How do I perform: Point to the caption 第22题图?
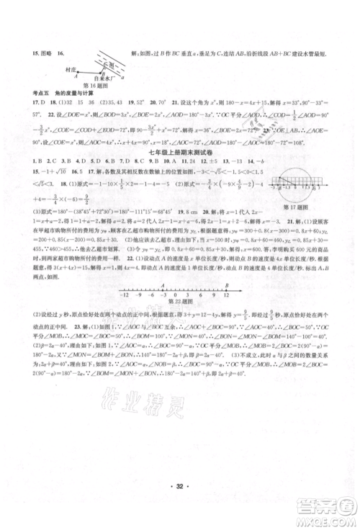(181, 302)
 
